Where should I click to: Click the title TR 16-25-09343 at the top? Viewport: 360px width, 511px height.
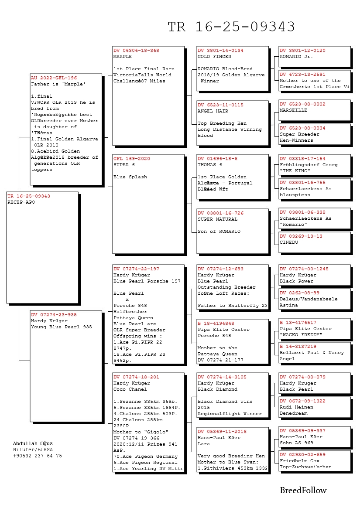click(x=231, y=27)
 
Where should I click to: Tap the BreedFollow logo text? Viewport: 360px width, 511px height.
click(x=303, y=491)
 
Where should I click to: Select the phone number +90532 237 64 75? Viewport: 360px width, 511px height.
click(x=37, y=456)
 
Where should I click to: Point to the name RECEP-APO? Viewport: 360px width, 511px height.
click(x=21, y=202)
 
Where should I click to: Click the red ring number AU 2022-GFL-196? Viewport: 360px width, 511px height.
click(x=54, y=78)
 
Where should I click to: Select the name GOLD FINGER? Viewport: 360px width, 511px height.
click(x=214, y=57)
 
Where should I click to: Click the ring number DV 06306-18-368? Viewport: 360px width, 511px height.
click(x=136, y=51)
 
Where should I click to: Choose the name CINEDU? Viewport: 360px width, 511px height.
click(x=289, y=242)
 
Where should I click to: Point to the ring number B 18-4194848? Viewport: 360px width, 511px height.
click(x=216, y=324)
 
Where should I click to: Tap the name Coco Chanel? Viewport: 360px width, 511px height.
click(x=130, y=389)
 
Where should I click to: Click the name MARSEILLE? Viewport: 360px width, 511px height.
click(x=293, y=110)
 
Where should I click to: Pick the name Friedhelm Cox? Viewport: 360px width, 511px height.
click(x=299, y=460)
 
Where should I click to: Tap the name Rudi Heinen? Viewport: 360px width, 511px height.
click(x=296, y=407)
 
